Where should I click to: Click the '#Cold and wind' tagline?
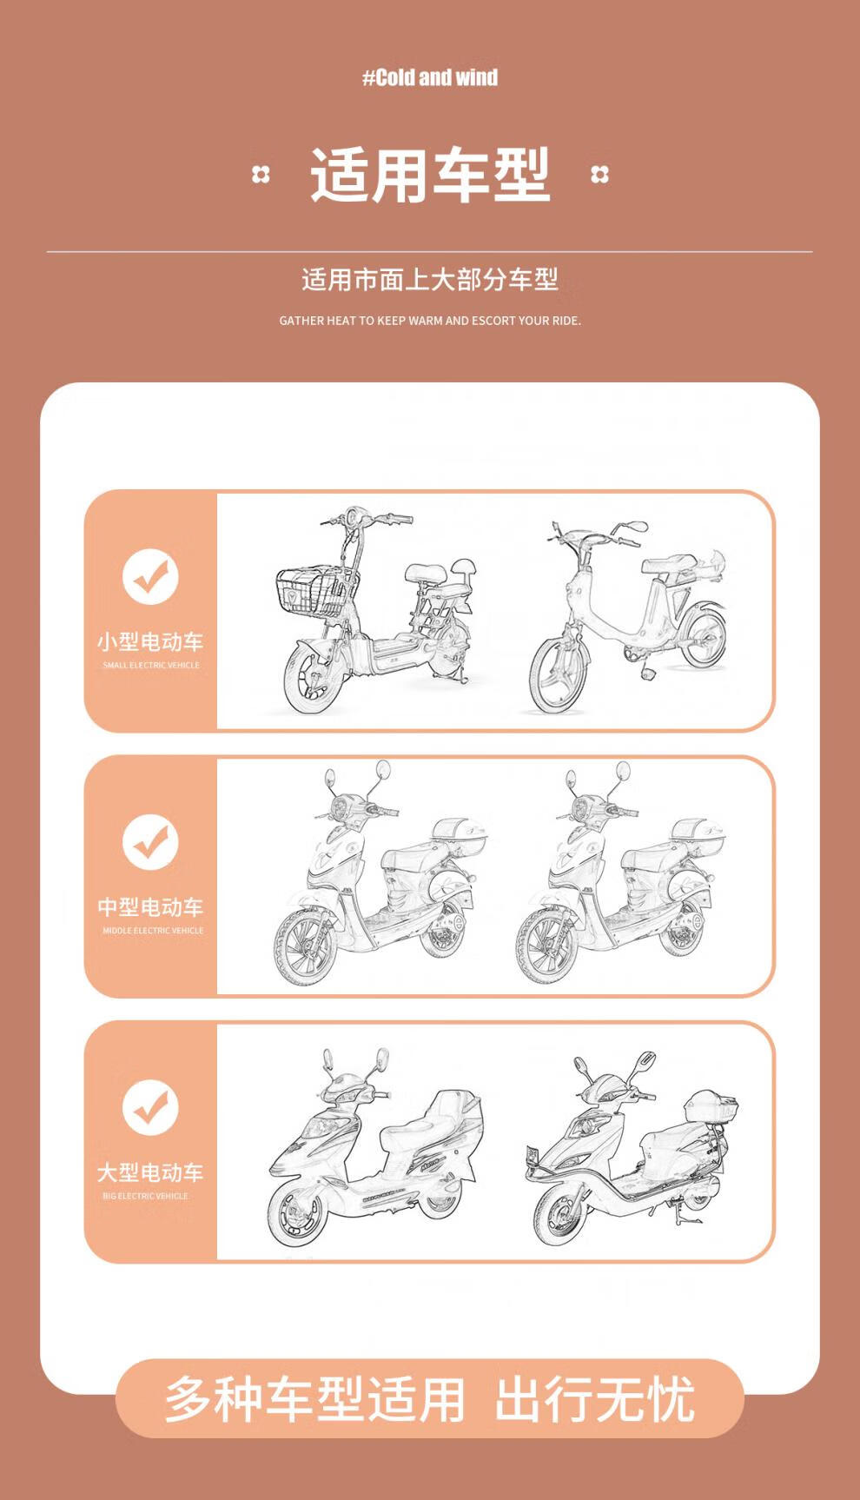pyautogui.click(x=430, y=77)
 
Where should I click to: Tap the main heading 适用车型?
pyautogui.click(x=430, y=175)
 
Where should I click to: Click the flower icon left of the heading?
pyautogui.click(x=261, y=175)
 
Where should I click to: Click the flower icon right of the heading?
pyautogui.click(x=599, y=175)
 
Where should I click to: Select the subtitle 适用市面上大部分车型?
pyautogui.click(x=430, y=280)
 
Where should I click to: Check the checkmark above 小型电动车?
pyautogui.click(x=150, y=576)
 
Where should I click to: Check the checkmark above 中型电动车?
pyautogui.click(x=150, y=841)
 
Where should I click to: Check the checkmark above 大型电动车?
pyautogui.click(x=150, y=1106)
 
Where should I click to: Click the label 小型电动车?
pyautogui.click(x=150, y=642)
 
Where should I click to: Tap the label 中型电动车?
pyautogui.click(x=150, y=907)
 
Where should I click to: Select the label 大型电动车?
pyautogui.click(x=150, y=1172)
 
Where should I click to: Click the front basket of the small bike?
pyautogui.click(x=316, y=592)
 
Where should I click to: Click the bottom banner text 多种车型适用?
pyautogui.click(x=314, y=1399)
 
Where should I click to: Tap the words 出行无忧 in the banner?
pyautogui.click(x=595, y=1399)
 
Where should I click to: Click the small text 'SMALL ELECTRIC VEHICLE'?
pyautogui.click(x=151, y=666)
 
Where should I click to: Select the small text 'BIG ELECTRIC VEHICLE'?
pyautogui.click(x=145, y=1196)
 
